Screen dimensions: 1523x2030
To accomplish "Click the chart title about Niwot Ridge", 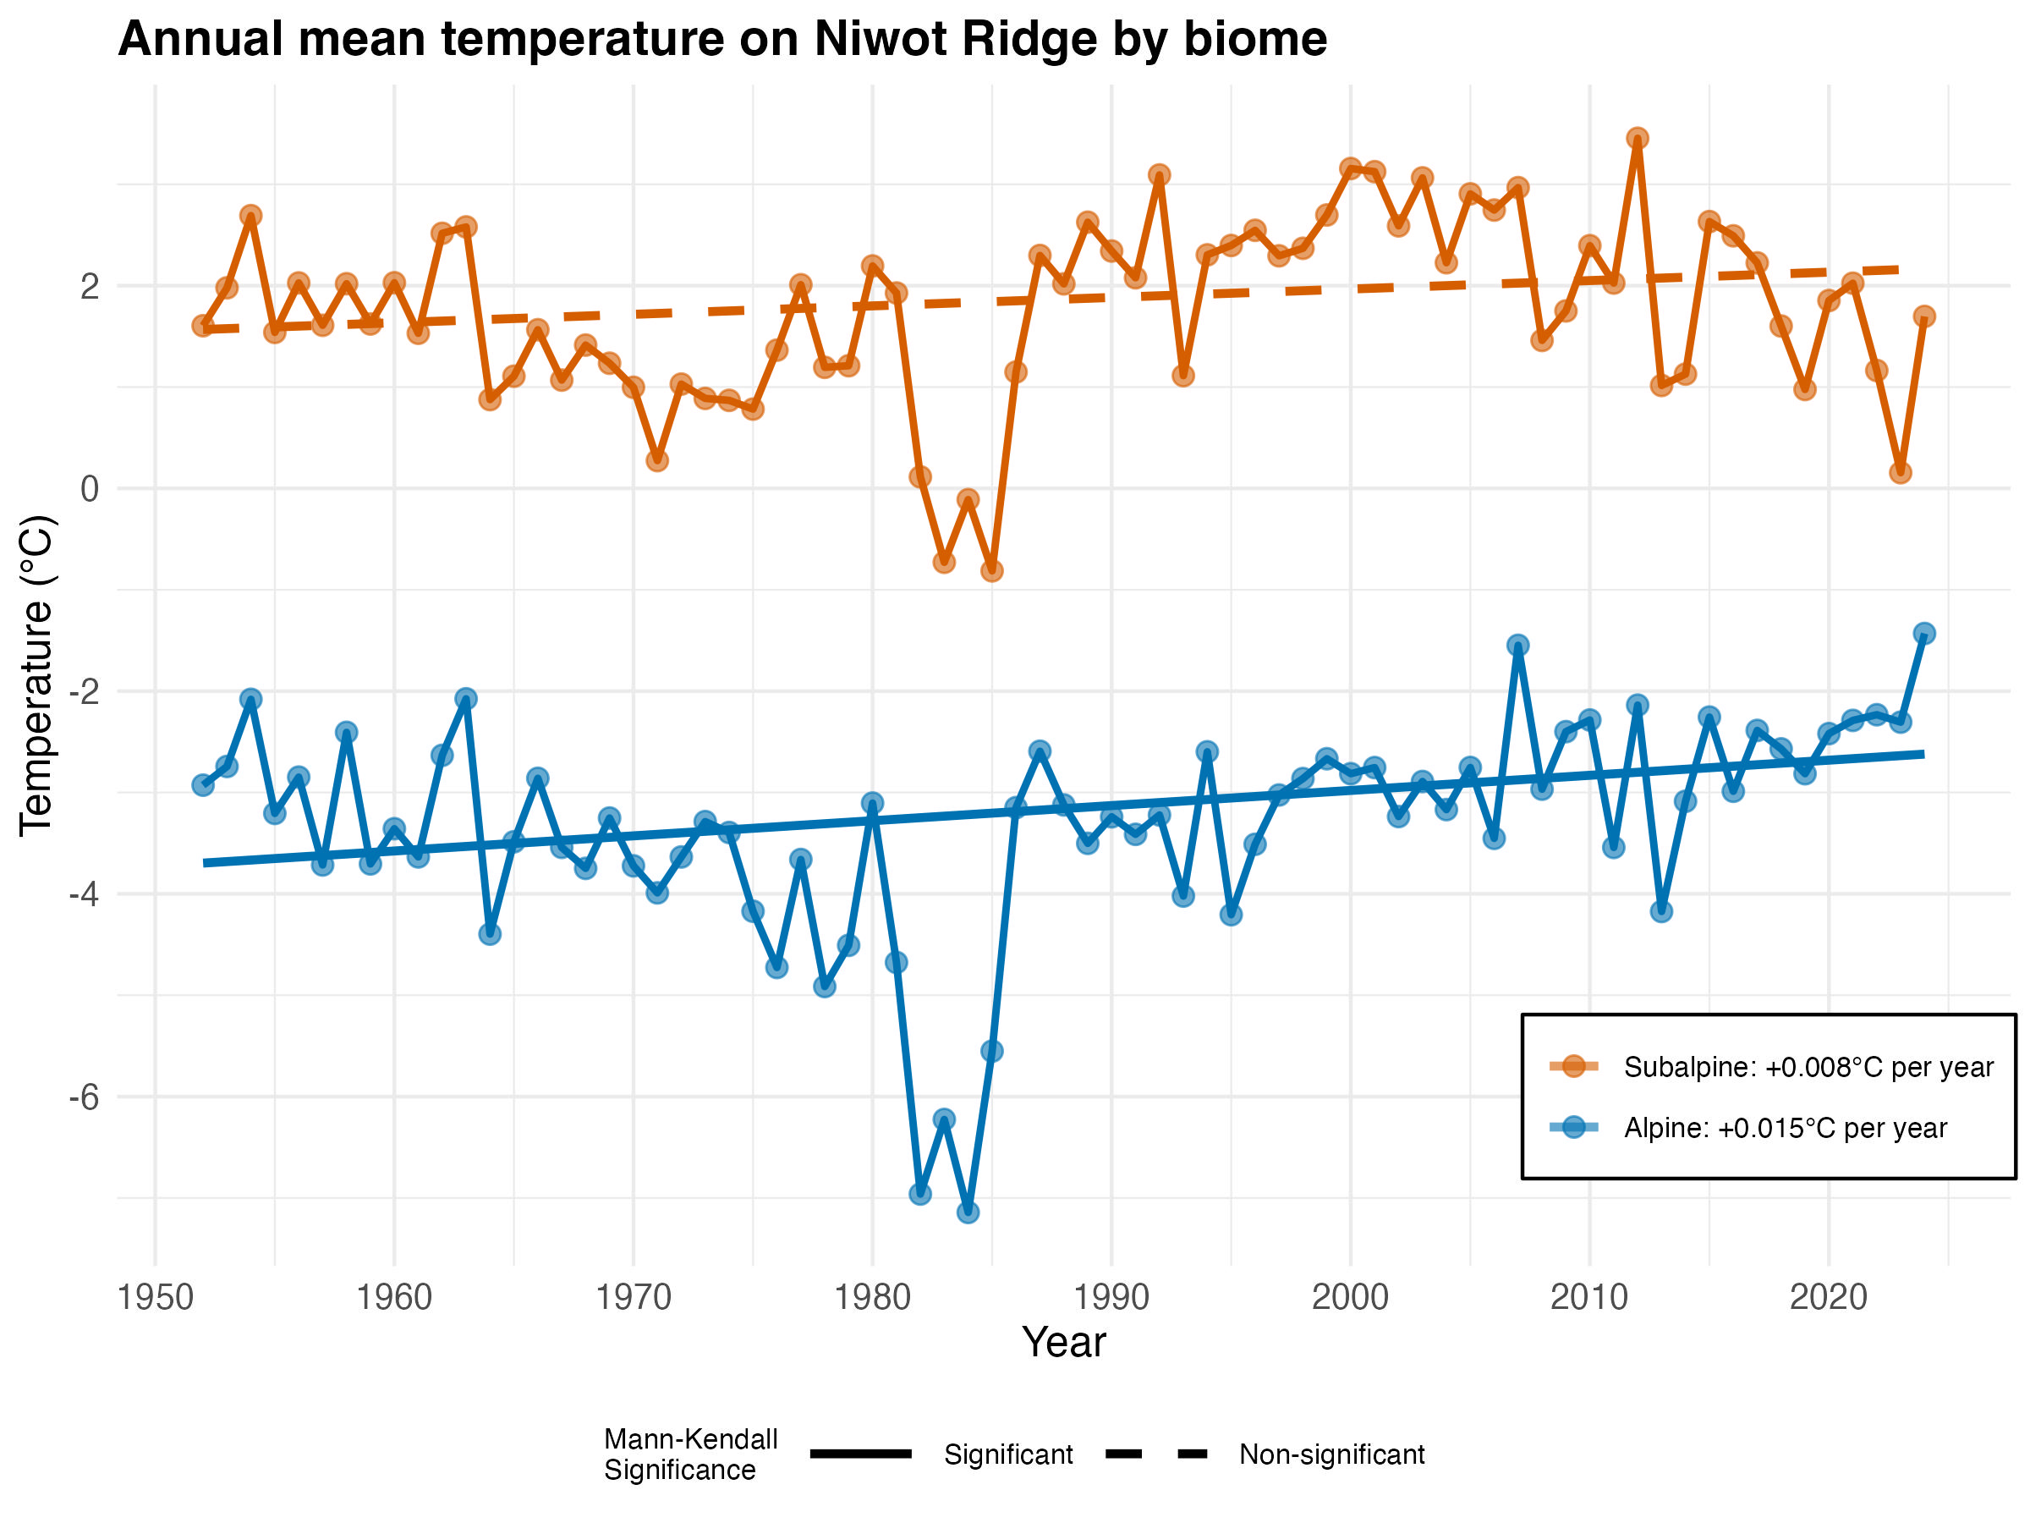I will pyautogui.click(x=722, y=40).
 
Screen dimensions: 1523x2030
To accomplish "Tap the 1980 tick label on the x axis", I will pyautogui.click(x=872, y=1297).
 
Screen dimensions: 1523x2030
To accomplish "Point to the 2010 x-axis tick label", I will pyautogui.click(x=1588, y=1297).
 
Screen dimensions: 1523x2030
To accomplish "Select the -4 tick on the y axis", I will pyautogui.click(x=85, y=893).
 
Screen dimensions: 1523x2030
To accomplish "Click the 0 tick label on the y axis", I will pyautogui.click(x=90, y=488).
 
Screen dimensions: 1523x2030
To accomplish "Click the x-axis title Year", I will pyautogui.click(x=1064, y=1342).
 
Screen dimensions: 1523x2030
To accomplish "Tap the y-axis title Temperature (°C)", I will pyautogui.click(x=37, y=674).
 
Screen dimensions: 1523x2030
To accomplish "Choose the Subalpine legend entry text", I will pyautogui.click(x=1808, y=1067).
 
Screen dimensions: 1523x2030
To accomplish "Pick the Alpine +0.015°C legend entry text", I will pyautogui.click(x=1785, y=1127).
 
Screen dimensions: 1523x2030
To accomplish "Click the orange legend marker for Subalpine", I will pyautogui.click(x=1574, y=1066).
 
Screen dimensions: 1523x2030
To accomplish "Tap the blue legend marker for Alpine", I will pyautogui.click(x=1574, y=1126).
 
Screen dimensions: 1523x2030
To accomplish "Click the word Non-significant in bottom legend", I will pyautogui.click(x=1331, y=1454).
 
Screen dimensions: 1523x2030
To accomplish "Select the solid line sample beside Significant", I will pyautogui.click(x=861, y=1454).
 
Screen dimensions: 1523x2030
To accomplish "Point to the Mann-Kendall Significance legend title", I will pyautogui.click(x=690, y=1454).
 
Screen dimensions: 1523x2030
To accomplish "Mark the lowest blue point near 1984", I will pyautogui.click(x=968, y=1212).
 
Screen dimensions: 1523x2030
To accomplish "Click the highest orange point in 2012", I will pyautogui.click(x=1638, y=139).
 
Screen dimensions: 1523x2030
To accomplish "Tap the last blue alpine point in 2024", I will pyautogui.click(x=1924, y=634).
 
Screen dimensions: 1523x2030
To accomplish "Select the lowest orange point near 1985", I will pyautogui.click(x=992, y=571).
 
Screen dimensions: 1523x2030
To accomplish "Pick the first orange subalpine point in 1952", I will pyautogui.click(x=203, y=326).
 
